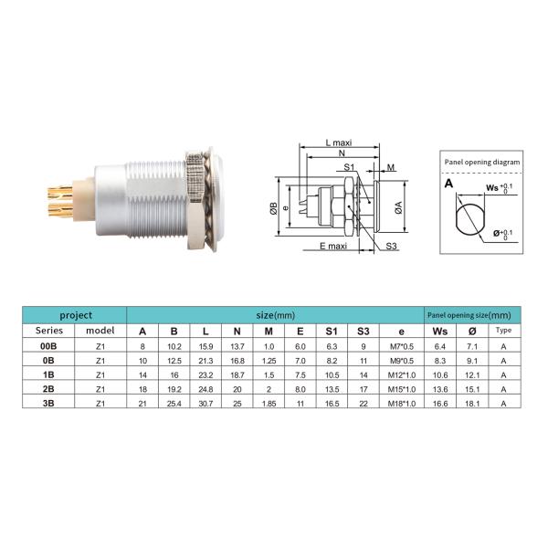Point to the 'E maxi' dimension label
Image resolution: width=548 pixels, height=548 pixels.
coord(334,247)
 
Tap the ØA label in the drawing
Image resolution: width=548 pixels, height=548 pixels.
coord(397,207)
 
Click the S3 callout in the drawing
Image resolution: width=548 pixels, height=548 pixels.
coord(390,247)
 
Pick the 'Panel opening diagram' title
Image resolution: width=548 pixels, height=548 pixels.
coord(481,162)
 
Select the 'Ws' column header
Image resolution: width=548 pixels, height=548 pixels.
coord(440,331)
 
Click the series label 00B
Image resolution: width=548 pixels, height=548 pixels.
coord(47,346)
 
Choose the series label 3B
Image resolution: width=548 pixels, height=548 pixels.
coord(47,401)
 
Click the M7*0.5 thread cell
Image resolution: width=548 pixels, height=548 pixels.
coord(402,346)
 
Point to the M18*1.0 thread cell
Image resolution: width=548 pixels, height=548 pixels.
coord(402,401)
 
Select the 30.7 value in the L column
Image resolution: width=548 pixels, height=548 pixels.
coord(205,401)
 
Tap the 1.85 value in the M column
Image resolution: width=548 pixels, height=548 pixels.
coord(268,401)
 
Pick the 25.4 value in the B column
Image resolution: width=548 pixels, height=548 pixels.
coord(174,401)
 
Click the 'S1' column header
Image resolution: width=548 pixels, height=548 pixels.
coord(331,331)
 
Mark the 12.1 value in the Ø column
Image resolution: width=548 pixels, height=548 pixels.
coord(472,374)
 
